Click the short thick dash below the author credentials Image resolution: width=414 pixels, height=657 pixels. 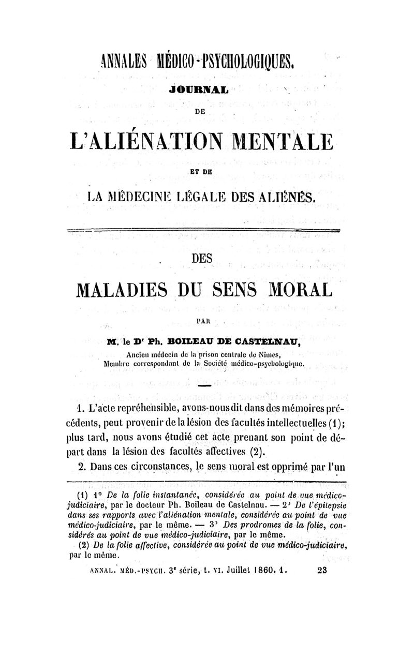pos(204,386)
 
